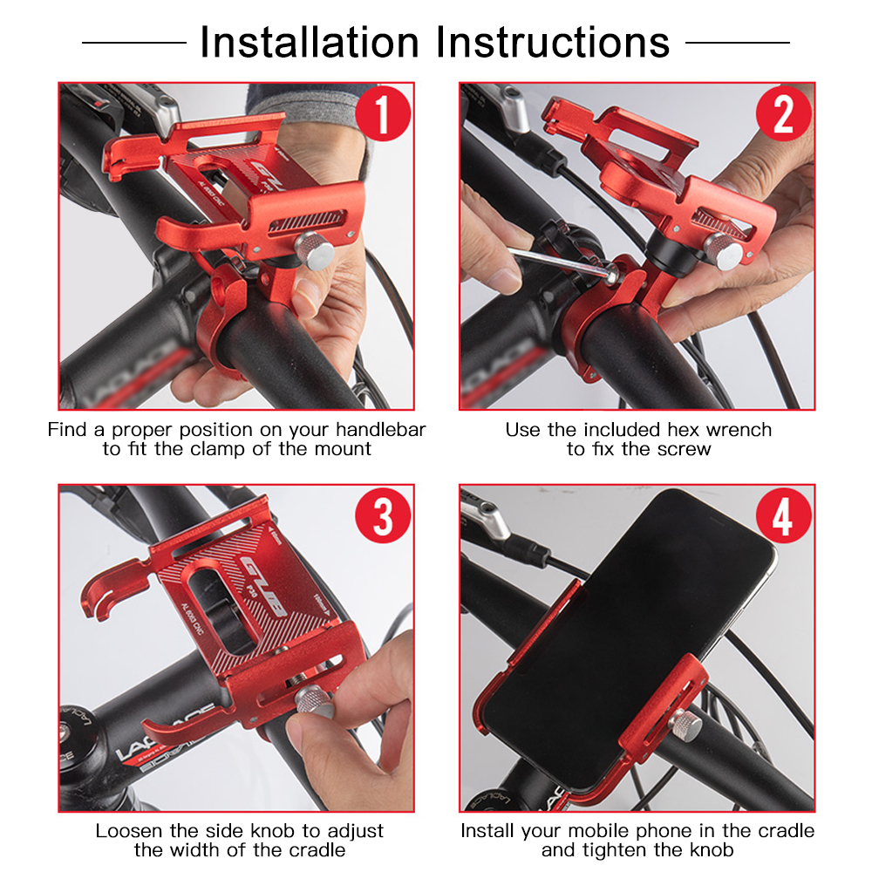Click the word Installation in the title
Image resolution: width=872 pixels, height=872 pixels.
pos(310,43)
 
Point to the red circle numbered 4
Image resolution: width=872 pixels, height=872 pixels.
pos(783,517)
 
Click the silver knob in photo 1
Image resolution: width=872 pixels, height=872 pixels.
pos(314,253)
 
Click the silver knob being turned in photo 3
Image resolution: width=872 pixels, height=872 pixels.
pos(311,700)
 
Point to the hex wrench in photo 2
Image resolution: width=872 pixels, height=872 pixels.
pos(558,261)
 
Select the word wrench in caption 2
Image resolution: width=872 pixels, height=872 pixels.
pos(739,430)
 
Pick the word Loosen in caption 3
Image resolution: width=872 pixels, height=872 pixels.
pos(128,831)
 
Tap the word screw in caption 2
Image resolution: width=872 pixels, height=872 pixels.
pos(686,450)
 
